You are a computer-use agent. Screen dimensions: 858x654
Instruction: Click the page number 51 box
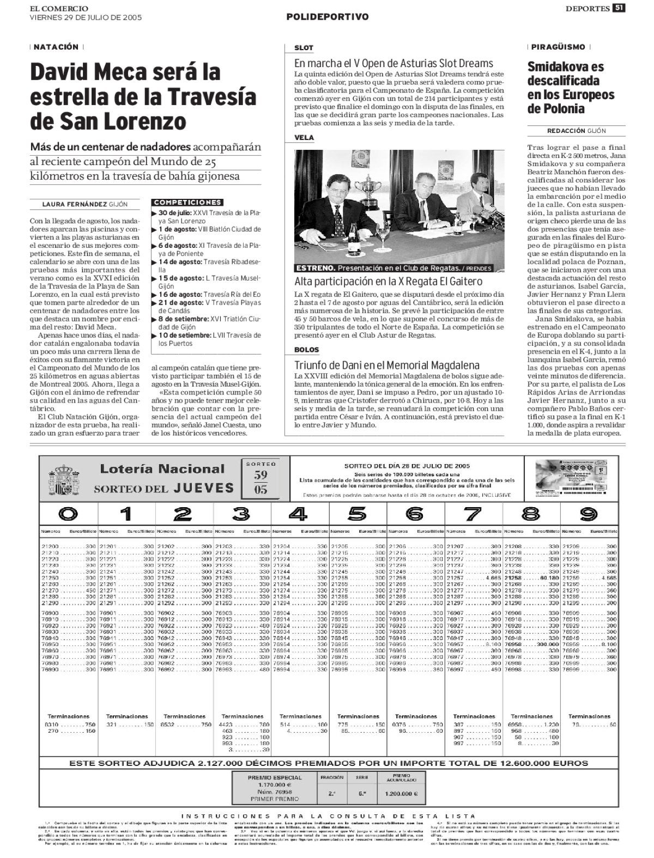[x=619, y=8]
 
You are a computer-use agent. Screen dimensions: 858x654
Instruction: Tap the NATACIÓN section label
[x=56, y=47]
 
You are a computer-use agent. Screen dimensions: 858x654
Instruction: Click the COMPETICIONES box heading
[x=188, y=203]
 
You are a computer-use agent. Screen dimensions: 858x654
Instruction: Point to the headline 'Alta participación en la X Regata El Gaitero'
[x=388, y=282]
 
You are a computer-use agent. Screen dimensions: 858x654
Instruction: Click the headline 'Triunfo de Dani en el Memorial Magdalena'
[x=387, y=365]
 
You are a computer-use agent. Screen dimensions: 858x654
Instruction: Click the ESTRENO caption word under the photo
[x=314, y=269]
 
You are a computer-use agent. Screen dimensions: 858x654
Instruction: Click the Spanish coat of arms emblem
[x=64, y=479]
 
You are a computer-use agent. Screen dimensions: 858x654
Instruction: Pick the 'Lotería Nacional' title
[x=162, y=469]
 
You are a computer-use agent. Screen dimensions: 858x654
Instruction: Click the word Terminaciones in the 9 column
[x=589, y=716]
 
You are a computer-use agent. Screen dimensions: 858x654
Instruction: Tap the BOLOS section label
[x=306, y=350]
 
